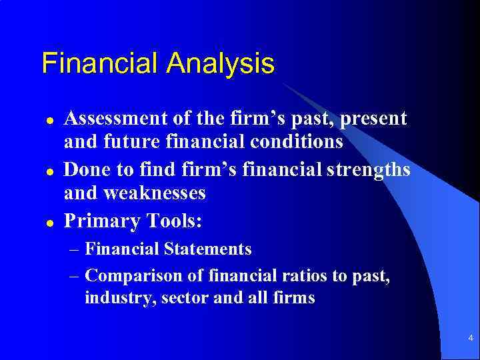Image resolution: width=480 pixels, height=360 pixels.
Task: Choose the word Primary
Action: point(99,220)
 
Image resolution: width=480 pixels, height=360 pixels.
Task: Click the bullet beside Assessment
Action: point(49,121)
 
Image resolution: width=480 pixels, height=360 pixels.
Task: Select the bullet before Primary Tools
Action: point(49,221)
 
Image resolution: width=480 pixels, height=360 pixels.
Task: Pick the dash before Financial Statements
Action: point(75,250)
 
